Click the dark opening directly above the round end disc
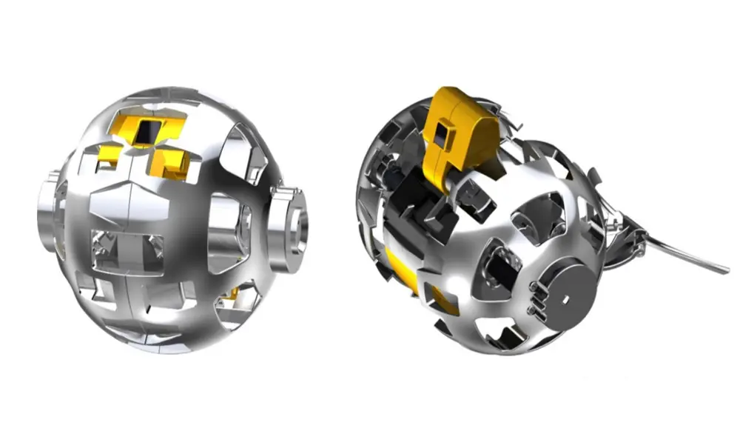click(x=548, y=222)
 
